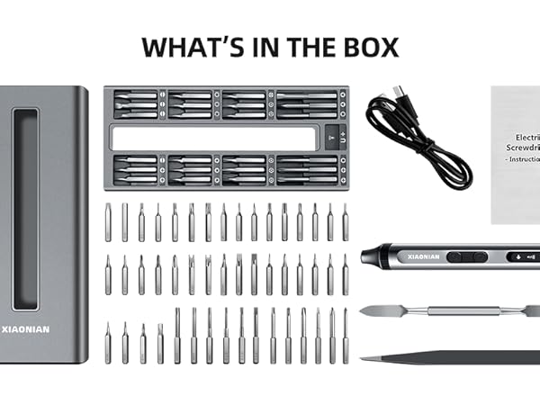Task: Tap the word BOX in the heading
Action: click(367, 47)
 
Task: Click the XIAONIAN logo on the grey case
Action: click(31, 330)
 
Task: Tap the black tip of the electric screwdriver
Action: click(367, 256)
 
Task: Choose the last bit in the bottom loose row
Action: click(346, 335)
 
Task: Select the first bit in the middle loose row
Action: click(108, 274)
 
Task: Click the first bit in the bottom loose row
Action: click(108, 343)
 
